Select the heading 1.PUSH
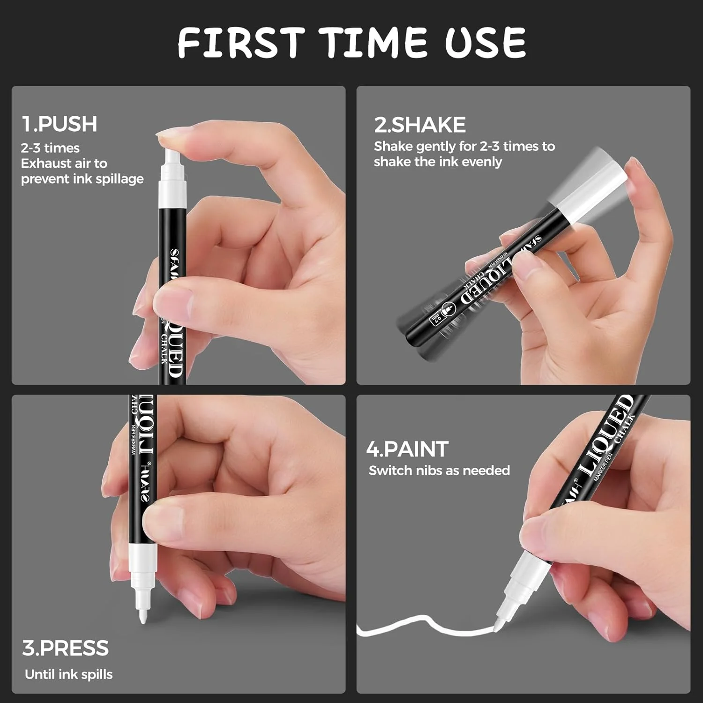(60, 124)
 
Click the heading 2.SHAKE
(419, 125)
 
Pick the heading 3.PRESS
(65, 648)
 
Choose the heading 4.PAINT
(407, 449)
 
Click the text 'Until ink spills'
(69, 674)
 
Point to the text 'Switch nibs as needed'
(439, 471)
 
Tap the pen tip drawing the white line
(499, 624)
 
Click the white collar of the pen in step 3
(142, 558)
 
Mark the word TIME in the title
(373, 43)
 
